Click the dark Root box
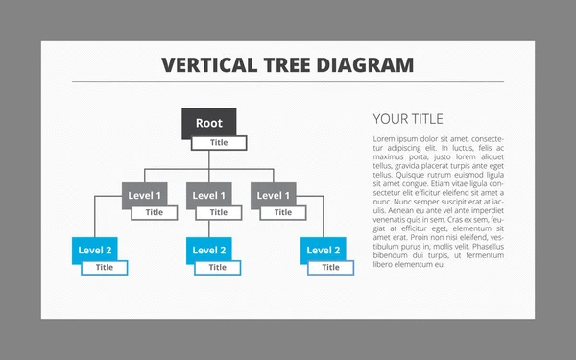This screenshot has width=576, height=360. [x=209, y=123]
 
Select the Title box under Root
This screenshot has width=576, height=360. [x=219, y=143]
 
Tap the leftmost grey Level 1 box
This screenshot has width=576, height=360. [x=145, y=195]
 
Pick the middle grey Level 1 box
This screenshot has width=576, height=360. [x=209, y=195]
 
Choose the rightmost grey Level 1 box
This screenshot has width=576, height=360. [x=274, y=195]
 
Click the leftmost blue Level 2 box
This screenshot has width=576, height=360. [x=95, y=250]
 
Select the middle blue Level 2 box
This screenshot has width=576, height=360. [x=209, y=250]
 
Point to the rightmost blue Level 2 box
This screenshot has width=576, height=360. [x=323, y=250]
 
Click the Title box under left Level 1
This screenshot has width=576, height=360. [x=155, y=212]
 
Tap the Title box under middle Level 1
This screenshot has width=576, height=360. [x=219, y=212]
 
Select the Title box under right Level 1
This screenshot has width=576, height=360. [x=283, y=212]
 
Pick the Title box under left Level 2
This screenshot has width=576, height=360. [x=104, y=268]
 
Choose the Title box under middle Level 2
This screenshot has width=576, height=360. [x=218, y=268]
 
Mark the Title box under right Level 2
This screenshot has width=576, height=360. [x=331, y=268]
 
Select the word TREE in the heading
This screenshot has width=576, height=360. [x=284, y=65]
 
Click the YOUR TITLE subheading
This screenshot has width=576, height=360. [x=408, y=119]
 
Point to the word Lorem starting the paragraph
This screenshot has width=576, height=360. [x=385, y=139]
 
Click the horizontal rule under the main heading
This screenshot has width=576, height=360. [x=288, y=82]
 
